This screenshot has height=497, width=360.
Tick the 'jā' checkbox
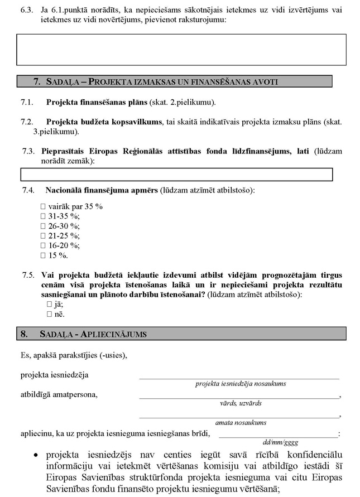pos(50,305)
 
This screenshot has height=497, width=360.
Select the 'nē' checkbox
pos(50,315)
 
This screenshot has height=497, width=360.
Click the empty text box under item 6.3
pos(181,50)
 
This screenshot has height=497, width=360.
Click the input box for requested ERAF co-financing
pos(176,175)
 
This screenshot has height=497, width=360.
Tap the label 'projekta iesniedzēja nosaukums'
pos(241,384)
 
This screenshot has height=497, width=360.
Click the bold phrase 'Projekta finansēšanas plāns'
pos(97,103)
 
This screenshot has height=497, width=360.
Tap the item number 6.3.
pos(26,10)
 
